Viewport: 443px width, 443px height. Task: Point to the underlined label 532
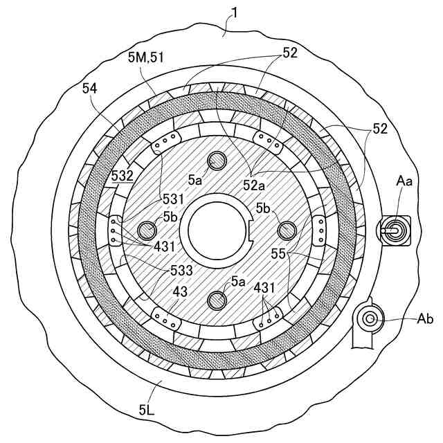pos(122,176)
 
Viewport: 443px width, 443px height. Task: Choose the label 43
pos(180,293)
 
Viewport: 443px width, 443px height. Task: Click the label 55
pos(278,254)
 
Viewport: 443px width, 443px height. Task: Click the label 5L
pos(146,409)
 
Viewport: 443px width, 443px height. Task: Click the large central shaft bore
pos(217,230)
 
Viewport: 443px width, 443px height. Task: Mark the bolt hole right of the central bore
pos(287,229)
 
